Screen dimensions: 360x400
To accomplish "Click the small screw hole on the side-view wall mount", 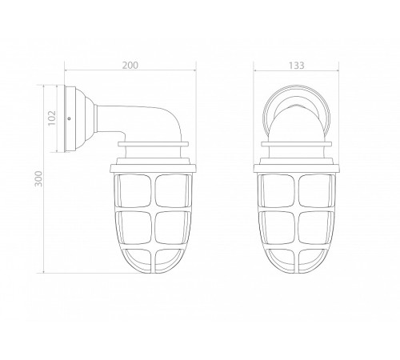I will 70,119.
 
